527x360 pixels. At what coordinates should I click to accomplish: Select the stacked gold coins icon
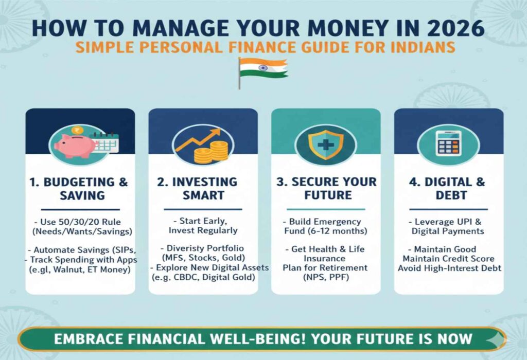(x=212, y=153)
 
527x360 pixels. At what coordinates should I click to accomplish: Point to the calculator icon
(x=448, y=143)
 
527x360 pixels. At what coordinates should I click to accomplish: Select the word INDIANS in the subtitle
(x=423, y=47)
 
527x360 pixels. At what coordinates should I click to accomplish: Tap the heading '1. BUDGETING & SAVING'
(x=79, y=188)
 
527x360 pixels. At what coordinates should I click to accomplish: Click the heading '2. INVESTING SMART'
(x=197, y=188)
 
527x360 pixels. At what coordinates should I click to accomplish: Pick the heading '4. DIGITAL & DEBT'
(x=447, y=188)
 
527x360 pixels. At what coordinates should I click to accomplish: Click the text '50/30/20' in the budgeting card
(x=75, y=222)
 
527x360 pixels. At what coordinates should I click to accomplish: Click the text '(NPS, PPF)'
(x=326, y=277)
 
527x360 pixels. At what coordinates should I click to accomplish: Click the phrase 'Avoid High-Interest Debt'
(x=450, y=268)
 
